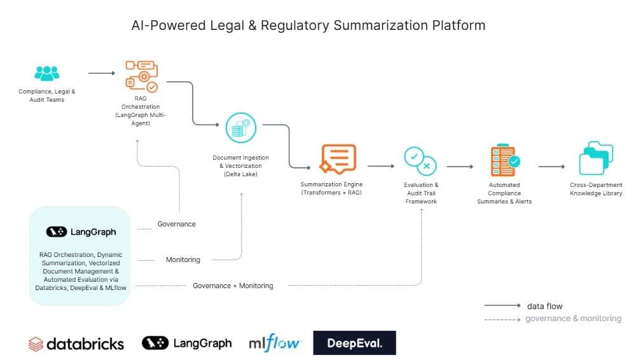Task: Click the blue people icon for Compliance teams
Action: pyautogui.click(x=46, y=73)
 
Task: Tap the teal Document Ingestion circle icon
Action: pyautogui.click(x=240, y=128)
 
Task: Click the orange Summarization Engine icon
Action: pyautogui.click(x=338, y=159)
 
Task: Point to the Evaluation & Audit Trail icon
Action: pyautogui.click(x=420, y=161)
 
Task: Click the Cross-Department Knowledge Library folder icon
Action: pyautogui.click(x=596, y=159)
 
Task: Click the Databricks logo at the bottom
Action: pyautogui.click(x=76, y=344)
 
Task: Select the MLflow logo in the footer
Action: pyautogui.click(x=275, y=343)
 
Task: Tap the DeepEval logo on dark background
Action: pyautogui.click(x=354, y=343)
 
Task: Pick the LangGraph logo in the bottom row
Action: pyautogui.click(x=186, y=343)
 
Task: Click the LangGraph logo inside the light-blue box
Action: pyautogui.click(x=81, y=232)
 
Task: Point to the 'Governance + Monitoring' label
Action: pyautogui.click(x=233, y=286)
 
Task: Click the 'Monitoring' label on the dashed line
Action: pyautogui.click(x=183, y=260)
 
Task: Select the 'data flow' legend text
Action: pyautogui.click(x=544, y=306)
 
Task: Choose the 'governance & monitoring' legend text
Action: pyautogui.click(x=573, y=319)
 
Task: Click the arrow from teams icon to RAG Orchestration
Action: pyautogui.click(x=102, y=73)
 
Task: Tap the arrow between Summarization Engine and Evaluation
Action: pyautogui.click(x=380, y=167)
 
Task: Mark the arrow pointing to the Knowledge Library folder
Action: pyautogui.click(x=551, y=167)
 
